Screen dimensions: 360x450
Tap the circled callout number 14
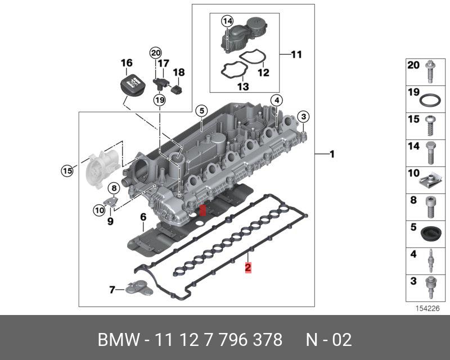point(227,21)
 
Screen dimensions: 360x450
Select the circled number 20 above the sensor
point(155,53)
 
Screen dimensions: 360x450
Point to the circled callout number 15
point(67,169)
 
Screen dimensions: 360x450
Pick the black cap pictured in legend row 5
point(430,232)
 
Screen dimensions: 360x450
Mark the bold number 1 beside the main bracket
point(332,154)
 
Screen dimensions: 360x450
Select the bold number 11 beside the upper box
point(296,55)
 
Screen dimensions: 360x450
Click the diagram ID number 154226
point(427,308)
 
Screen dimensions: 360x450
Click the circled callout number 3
point(303,117)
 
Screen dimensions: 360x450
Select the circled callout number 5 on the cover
point(200,111)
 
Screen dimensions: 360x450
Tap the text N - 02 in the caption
point(329,340)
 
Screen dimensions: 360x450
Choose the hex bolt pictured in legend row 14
point(430,151)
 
